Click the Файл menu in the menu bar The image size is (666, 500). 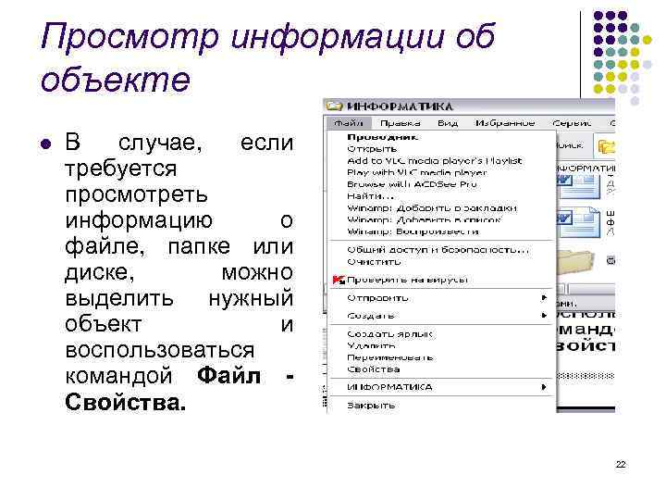click(345, 122)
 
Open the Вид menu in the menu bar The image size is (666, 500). click(448, 122)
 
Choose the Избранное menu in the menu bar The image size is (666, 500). click(504, 122)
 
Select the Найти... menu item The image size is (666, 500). click(370, 196)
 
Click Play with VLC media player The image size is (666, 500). click(416, 172)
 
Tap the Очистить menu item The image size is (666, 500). click(367, 261)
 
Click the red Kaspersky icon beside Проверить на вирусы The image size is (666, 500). click(338, 280)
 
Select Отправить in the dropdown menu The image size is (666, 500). click(376, 298)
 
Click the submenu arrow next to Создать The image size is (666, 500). click(544, 315)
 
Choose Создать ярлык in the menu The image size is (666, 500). click(389, 333)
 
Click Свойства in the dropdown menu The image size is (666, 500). click(374, 369)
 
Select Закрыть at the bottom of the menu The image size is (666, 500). click(370, 405)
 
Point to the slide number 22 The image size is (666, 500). click(621, 464)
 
